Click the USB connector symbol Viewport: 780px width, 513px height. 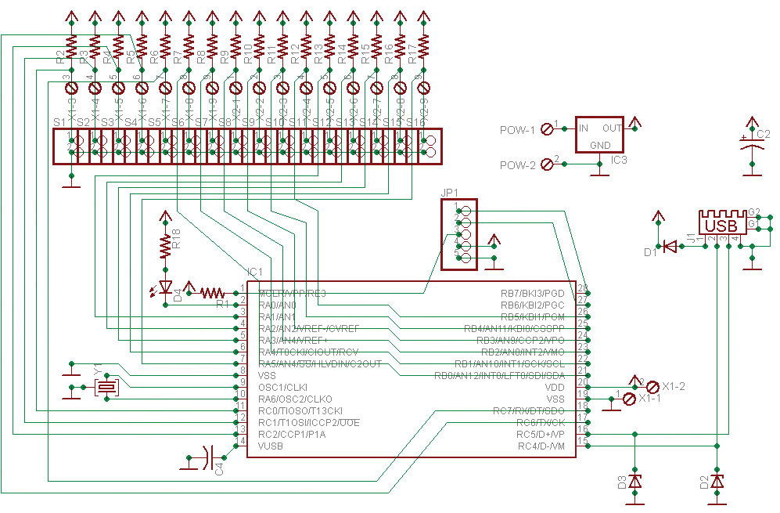pos(721,224)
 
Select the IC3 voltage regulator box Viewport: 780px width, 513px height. pos(600,135)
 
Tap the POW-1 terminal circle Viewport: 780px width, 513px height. pos(547,129)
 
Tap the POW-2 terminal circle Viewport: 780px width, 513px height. pos(547,164)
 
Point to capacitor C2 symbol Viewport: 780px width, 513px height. pos(752,144)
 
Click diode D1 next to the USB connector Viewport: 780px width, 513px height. pos(670,247)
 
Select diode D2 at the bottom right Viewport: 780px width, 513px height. pos(716,482)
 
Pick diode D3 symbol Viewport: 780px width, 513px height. pos(634,482)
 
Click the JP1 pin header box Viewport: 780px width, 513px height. pos(458,234)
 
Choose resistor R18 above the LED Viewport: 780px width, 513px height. pos(164,245)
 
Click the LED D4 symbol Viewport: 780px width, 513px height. pos(164,287)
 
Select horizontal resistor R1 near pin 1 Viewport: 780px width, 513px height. pos(212,293)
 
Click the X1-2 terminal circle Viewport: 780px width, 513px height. pos(652,387)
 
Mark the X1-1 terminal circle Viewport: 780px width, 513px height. pos(628,399)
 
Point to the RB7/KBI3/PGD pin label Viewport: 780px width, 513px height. pos(531,293)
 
